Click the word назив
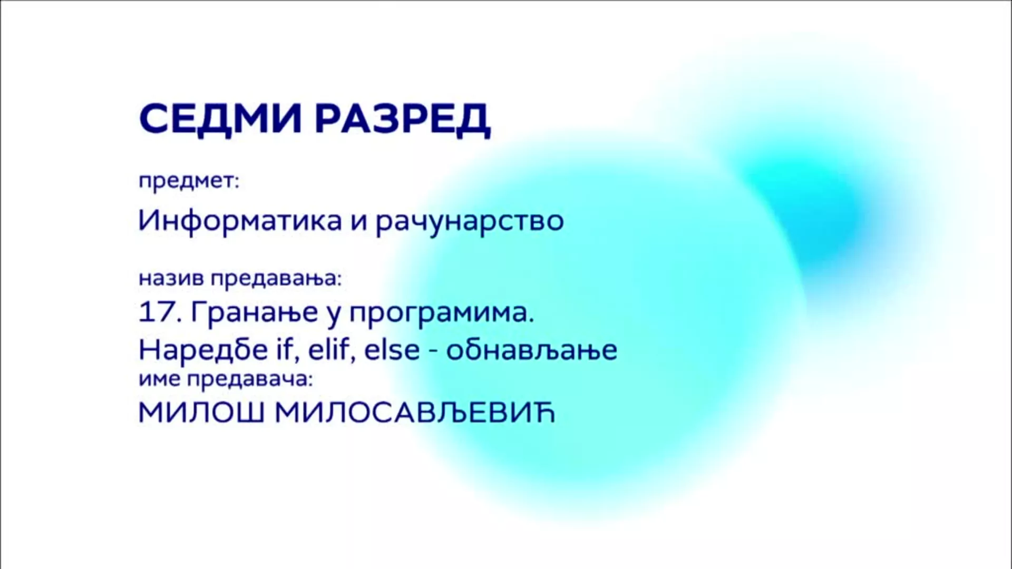[x=172, y=279]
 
